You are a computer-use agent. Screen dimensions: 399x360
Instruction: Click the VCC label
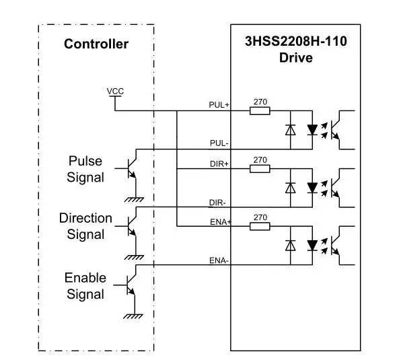[115, 91]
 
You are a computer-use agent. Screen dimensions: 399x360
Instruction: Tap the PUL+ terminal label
[219, 105]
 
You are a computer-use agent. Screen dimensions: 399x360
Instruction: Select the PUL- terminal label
[219, 143]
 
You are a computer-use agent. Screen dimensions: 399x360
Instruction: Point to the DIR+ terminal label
[219, 164]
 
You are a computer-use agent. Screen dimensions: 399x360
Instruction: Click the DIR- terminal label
[217, 203]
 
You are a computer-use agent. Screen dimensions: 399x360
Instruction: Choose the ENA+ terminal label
[221, 222]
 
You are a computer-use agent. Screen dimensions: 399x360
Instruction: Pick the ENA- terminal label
[219, 260]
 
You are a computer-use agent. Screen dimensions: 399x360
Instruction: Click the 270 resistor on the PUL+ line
[260, 111]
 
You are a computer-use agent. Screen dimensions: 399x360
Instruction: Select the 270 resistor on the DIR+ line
[260, 169]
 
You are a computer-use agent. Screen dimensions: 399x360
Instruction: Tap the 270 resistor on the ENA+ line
[260, 226]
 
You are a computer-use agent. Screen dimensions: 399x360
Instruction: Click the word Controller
[96, 44]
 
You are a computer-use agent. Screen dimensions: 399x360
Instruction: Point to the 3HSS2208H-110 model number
[296, 41]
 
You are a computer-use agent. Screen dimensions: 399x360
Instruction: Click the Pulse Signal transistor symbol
[130, 168]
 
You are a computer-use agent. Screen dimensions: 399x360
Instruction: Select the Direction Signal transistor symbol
[130, 226]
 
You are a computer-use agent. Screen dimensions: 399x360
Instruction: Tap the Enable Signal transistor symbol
[129, 285]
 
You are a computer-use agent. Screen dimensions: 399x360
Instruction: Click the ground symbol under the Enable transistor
[133, 316]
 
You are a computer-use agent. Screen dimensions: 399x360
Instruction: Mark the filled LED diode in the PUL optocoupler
[312, 130]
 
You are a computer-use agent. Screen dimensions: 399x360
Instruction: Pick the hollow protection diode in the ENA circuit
[291, 246]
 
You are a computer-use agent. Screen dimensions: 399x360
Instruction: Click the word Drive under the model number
[296, 57]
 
